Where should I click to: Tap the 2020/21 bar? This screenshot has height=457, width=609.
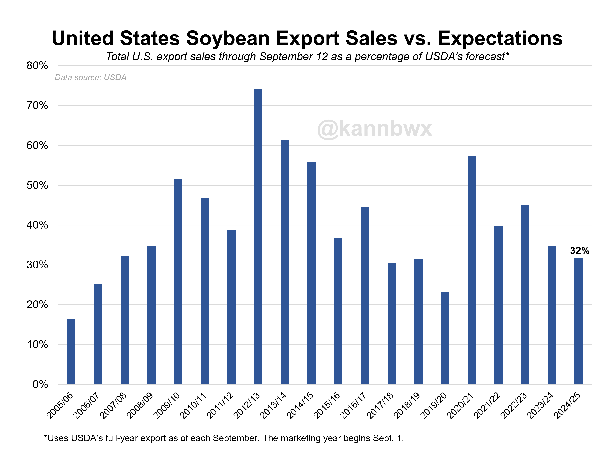472,270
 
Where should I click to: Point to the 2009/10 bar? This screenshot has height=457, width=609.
178,281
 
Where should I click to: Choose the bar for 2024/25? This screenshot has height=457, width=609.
578,321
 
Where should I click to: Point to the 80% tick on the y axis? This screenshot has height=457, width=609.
37,66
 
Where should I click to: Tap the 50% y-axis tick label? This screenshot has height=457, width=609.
37,185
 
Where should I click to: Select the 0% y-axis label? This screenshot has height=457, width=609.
40,384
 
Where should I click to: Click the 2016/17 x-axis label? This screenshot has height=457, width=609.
353,405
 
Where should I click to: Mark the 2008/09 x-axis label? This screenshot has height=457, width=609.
140,405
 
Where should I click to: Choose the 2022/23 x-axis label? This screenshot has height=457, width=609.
513,405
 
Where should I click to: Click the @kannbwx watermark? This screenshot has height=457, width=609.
374,129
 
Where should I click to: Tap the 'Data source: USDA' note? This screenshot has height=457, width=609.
90,77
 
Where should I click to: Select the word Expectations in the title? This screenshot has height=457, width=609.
500,38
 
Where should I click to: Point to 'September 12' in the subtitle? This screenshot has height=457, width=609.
293,57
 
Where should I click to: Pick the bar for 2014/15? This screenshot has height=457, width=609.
311,273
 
